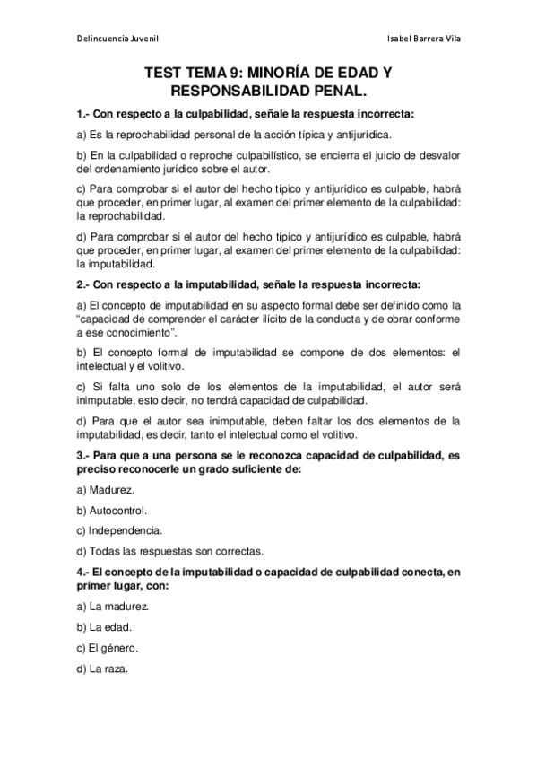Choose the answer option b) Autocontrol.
(x=112, y=510)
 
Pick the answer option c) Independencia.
(x=119, y=530)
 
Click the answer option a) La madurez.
(x=112, y=606)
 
